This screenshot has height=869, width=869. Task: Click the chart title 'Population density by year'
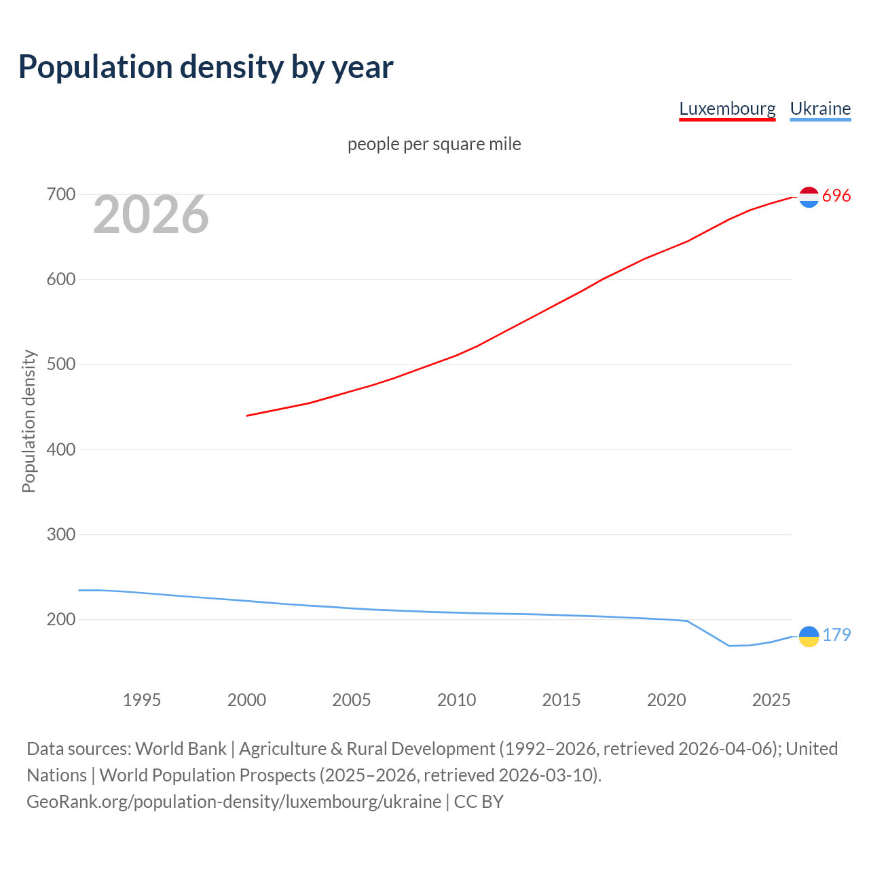(x=206, y=67)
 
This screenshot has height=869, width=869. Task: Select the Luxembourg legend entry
(x=727, y=109)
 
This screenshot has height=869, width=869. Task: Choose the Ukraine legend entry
(x=820, y=109)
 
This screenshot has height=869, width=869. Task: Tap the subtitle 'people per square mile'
(x=434, y=145)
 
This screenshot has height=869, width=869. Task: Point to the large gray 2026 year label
(x=151, y=215)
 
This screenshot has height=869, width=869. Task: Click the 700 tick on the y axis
(x=60, y=195)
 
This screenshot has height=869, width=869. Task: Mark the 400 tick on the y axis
(x=60, y=449)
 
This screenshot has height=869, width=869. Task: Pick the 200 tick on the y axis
(x=60, y=619)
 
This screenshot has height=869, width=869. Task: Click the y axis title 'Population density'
(x=29, y=421)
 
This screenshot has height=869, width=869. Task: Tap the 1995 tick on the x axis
(x=142, y=700)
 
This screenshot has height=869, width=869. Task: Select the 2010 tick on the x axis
(x=456, y=700)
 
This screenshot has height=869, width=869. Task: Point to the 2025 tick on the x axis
(x=771, y=700)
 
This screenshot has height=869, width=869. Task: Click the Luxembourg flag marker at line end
(x=809, y=197)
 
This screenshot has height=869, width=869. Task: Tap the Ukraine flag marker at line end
(x=809, y=636)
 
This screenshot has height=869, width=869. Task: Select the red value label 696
(x=836, y=196)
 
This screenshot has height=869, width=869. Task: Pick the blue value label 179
(x=836, y=635)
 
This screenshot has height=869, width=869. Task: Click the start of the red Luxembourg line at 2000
(x=247, y=415)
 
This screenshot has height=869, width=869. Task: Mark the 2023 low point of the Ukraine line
(x=729, y=646)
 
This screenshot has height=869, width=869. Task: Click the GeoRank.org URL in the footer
(x=234, y=802)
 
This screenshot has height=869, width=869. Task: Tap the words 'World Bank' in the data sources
(x=181, y=749)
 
